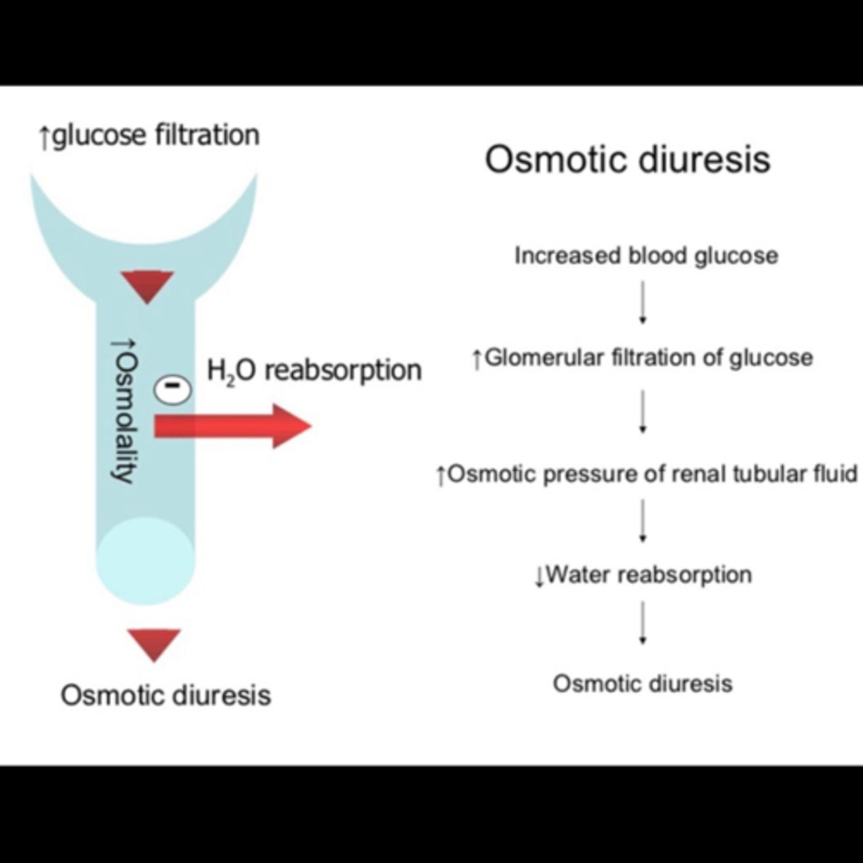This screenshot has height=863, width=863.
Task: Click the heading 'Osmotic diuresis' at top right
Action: [627, 160]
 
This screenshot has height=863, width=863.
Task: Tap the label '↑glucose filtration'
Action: [149, 136]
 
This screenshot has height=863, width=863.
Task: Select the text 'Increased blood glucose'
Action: [646, 255]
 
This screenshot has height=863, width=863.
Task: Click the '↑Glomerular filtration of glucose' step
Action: [642, 358]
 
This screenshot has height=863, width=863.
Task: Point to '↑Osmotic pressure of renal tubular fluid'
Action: [646, 474]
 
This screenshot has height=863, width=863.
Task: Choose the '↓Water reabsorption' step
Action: [643, 575]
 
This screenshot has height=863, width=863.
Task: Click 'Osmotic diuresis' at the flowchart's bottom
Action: [642, 684]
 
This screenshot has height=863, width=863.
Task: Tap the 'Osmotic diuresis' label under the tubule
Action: [165, 695]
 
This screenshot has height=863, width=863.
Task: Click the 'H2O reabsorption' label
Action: [314, 370]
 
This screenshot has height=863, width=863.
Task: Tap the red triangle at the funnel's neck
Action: [147, 286]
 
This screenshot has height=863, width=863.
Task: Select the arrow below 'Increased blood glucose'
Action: [642, 302]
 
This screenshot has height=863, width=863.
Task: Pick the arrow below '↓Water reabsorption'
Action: [642, 623]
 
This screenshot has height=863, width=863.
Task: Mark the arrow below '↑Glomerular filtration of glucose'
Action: [642, 411]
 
